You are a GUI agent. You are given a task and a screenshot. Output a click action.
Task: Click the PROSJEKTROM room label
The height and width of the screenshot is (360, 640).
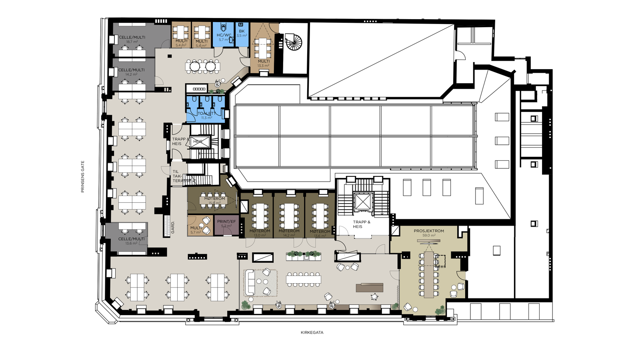click(x=429, y=231)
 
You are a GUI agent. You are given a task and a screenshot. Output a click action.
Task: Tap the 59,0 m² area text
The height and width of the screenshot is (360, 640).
click(x=429, y=236)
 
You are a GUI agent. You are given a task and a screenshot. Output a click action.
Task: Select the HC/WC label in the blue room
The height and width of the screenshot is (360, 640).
click(x=224, y=35)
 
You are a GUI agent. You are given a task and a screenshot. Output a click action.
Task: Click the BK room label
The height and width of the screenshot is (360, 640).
click(x=242, y=31)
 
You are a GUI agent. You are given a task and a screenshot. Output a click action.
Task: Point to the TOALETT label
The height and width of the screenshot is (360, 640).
click(x=206, y=114)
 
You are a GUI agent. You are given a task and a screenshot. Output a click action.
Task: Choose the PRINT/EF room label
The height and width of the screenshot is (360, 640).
click(x=226, y=222)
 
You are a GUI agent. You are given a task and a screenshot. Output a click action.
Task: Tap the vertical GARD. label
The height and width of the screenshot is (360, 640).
click(x=173, y=227)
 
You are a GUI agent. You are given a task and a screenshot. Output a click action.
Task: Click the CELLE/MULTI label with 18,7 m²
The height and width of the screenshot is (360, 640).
click(x=132, y=37)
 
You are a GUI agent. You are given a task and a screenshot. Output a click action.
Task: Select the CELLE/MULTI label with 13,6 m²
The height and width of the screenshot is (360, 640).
click(x=131, y=239)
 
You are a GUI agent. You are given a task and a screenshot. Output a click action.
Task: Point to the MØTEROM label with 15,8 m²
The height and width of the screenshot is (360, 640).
click(x=215, y=198)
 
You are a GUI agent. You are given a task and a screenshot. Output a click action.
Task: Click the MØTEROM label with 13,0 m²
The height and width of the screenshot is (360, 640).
click(x=260, y=231)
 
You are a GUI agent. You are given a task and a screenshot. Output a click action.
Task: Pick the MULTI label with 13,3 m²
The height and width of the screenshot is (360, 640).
click(x=264, y=61)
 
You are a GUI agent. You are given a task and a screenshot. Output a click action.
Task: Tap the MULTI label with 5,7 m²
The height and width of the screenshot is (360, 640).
click(x=196, y=228)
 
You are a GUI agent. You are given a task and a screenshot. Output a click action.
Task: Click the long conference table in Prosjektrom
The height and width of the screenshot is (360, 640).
click(x=429, y=275)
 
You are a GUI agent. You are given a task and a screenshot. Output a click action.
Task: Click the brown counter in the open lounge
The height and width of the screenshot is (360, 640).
click(x=370, y=287)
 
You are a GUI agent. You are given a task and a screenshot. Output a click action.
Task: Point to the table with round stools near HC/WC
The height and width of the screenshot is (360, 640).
click(x=202, y=66)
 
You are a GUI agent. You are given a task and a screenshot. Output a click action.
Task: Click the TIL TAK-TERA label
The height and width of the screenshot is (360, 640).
click(x=178, y=176)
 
